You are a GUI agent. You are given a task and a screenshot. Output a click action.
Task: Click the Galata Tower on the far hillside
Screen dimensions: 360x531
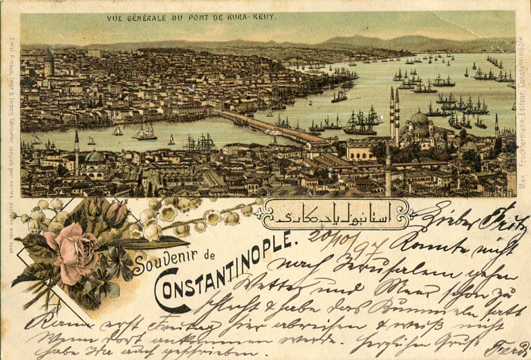click(49, 64)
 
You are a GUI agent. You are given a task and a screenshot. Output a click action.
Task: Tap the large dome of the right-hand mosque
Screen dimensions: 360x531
click(419, 119)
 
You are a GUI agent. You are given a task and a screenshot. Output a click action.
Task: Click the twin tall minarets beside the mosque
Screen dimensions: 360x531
click(394, 114)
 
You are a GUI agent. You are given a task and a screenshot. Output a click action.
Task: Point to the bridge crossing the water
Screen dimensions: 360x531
click(270, 127)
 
